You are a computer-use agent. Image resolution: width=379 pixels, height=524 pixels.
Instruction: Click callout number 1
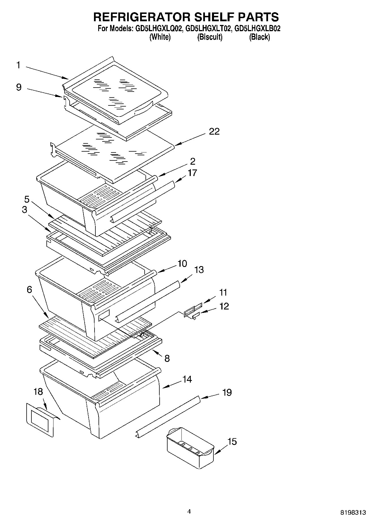coord(18,65)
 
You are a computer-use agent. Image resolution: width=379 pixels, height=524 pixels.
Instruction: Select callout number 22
coord(214,131)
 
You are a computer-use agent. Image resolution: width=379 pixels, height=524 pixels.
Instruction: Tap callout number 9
coord(19,87)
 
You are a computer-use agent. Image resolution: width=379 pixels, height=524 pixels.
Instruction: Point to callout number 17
coord(192,173)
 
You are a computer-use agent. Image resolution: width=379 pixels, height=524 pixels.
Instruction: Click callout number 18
coord(38,392)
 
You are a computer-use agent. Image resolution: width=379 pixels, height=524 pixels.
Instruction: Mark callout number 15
coord(232,442)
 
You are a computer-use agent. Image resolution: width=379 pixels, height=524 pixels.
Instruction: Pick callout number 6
coord(29,290)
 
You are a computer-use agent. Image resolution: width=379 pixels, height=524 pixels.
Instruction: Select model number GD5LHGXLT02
coord(209,29)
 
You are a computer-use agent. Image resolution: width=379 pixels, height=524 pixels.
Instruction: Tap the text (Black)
coord(259,37)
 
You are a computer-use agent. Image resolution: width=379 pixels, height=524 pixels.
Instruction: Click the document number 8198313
coord(353,512)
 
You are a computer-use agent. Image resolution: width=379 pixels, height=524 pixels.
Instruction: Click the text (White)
coord(160,37)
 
